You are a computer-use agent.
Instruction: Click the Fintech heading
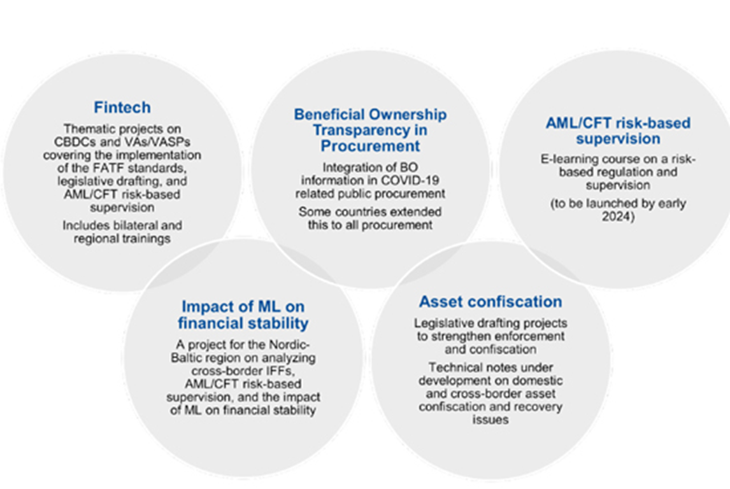point(122,108)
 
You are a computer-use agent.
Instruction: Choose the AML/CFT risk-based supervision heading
point(618,131)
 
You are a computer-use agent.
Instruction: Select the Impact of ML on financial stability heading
point(243,315)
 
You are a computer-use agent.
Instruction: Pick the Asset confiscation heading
point(490,302)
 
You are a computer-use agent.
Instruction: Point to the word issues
point(490,420)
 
